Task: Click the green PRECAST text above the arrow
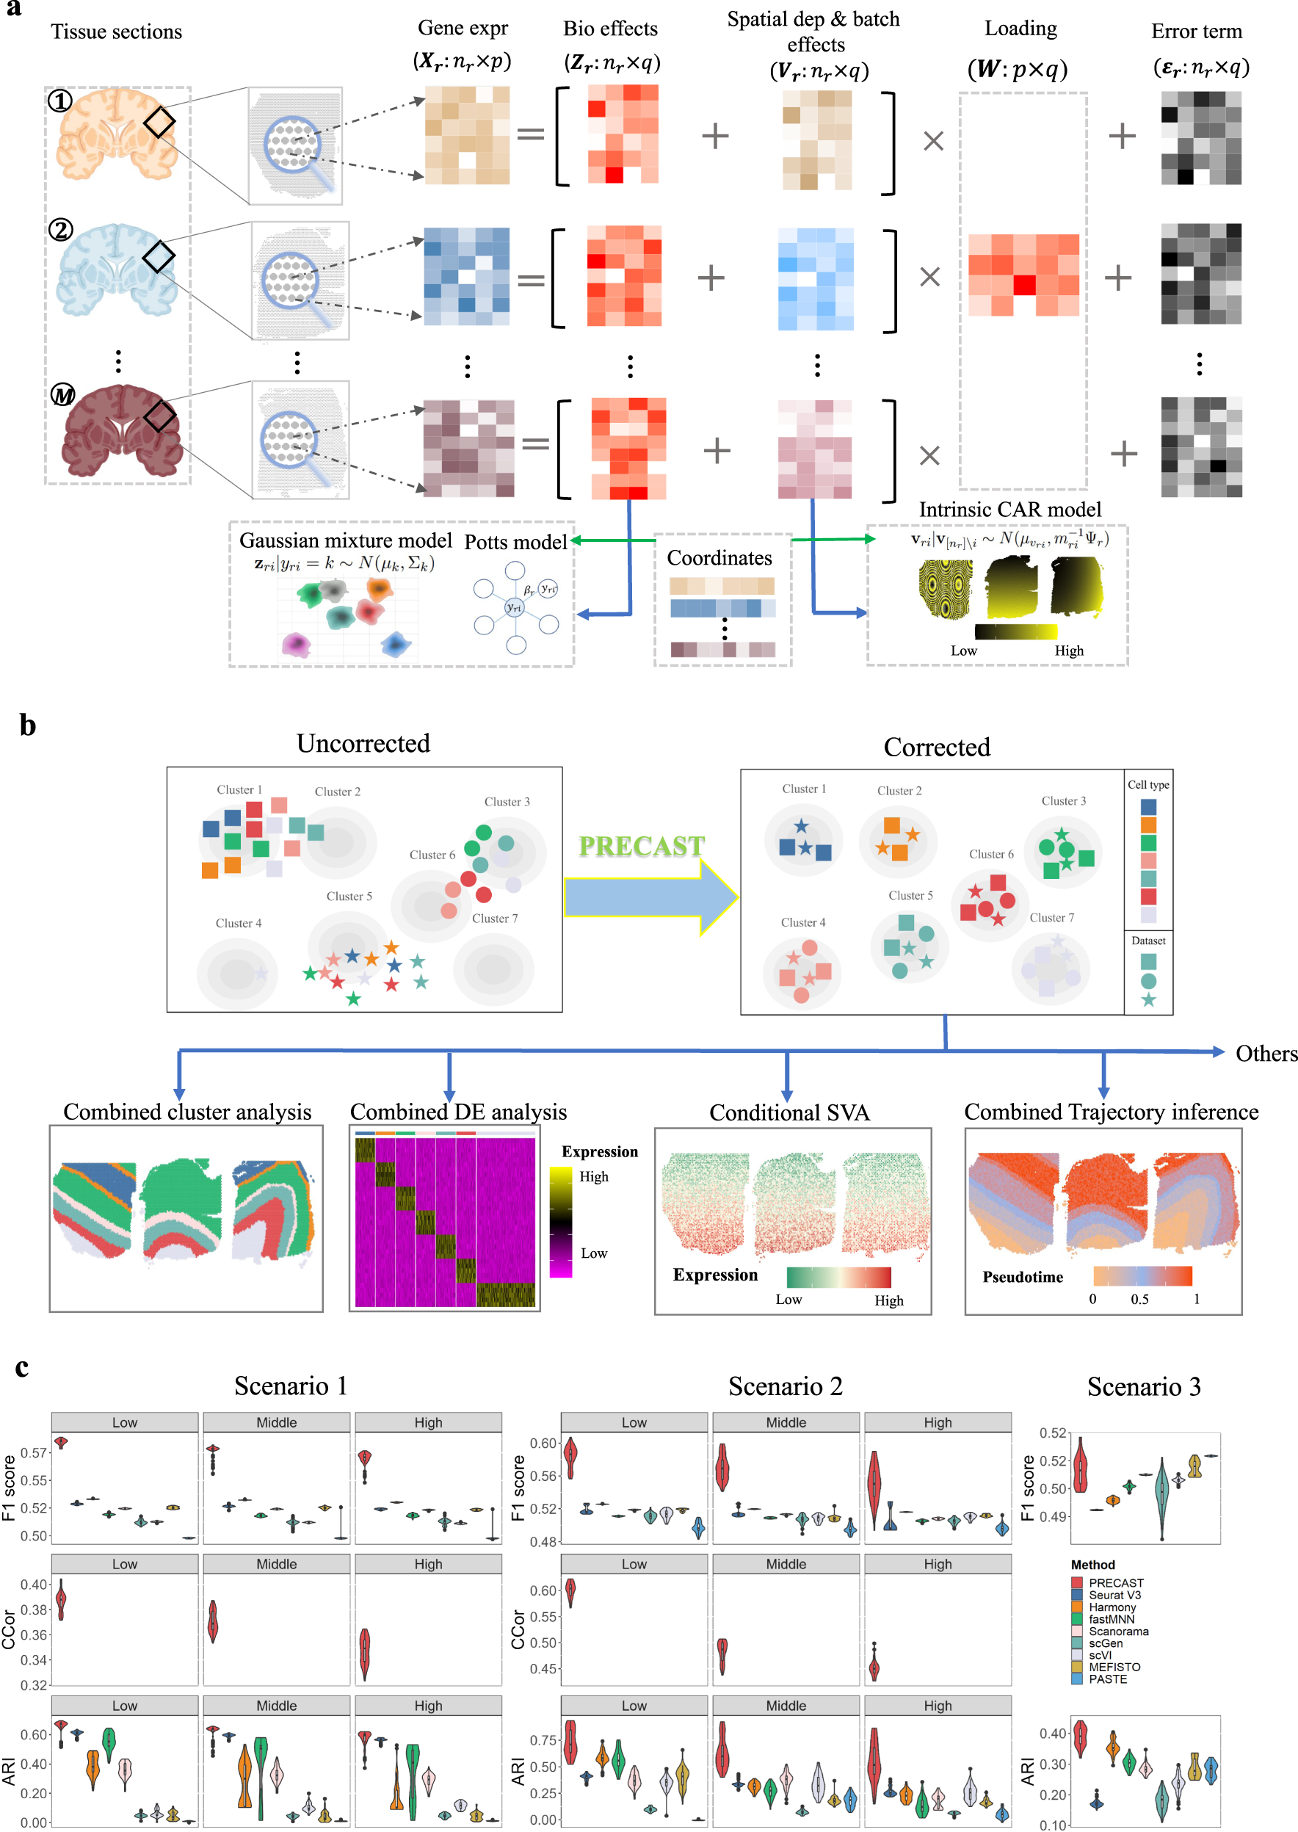[x=641, y=846]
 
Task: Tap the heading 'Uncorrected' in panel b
[x=363, y=743]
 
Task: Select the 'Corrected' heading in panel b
[x=937, y=747]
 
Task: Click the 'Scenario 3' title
[x=1143, y=1386]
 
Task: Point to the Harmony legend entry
[x=1111, y=1607]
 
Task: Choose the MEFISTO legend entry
[x=1114, y=1667]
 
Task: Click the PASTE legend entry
[x=1107, y=1679]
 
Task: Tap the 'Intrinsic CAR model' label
[x=1009, y=509]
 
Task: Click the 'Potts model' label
[x=515, y=542]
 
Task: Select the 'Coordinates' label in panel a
[x=719, y=558]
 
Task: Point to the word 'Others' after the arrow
[x=1265, y=1054]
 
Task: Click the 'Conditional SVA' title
[x=789, y=1112]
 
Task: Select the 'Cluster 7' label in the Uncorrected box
[x=495, y=919]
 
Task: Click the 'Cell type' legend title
[x=1147, y=785]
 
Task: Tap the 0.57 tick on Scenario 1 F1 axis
[x=34, y=1452]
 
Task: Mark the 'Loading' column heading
[x=1020, y=29]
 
